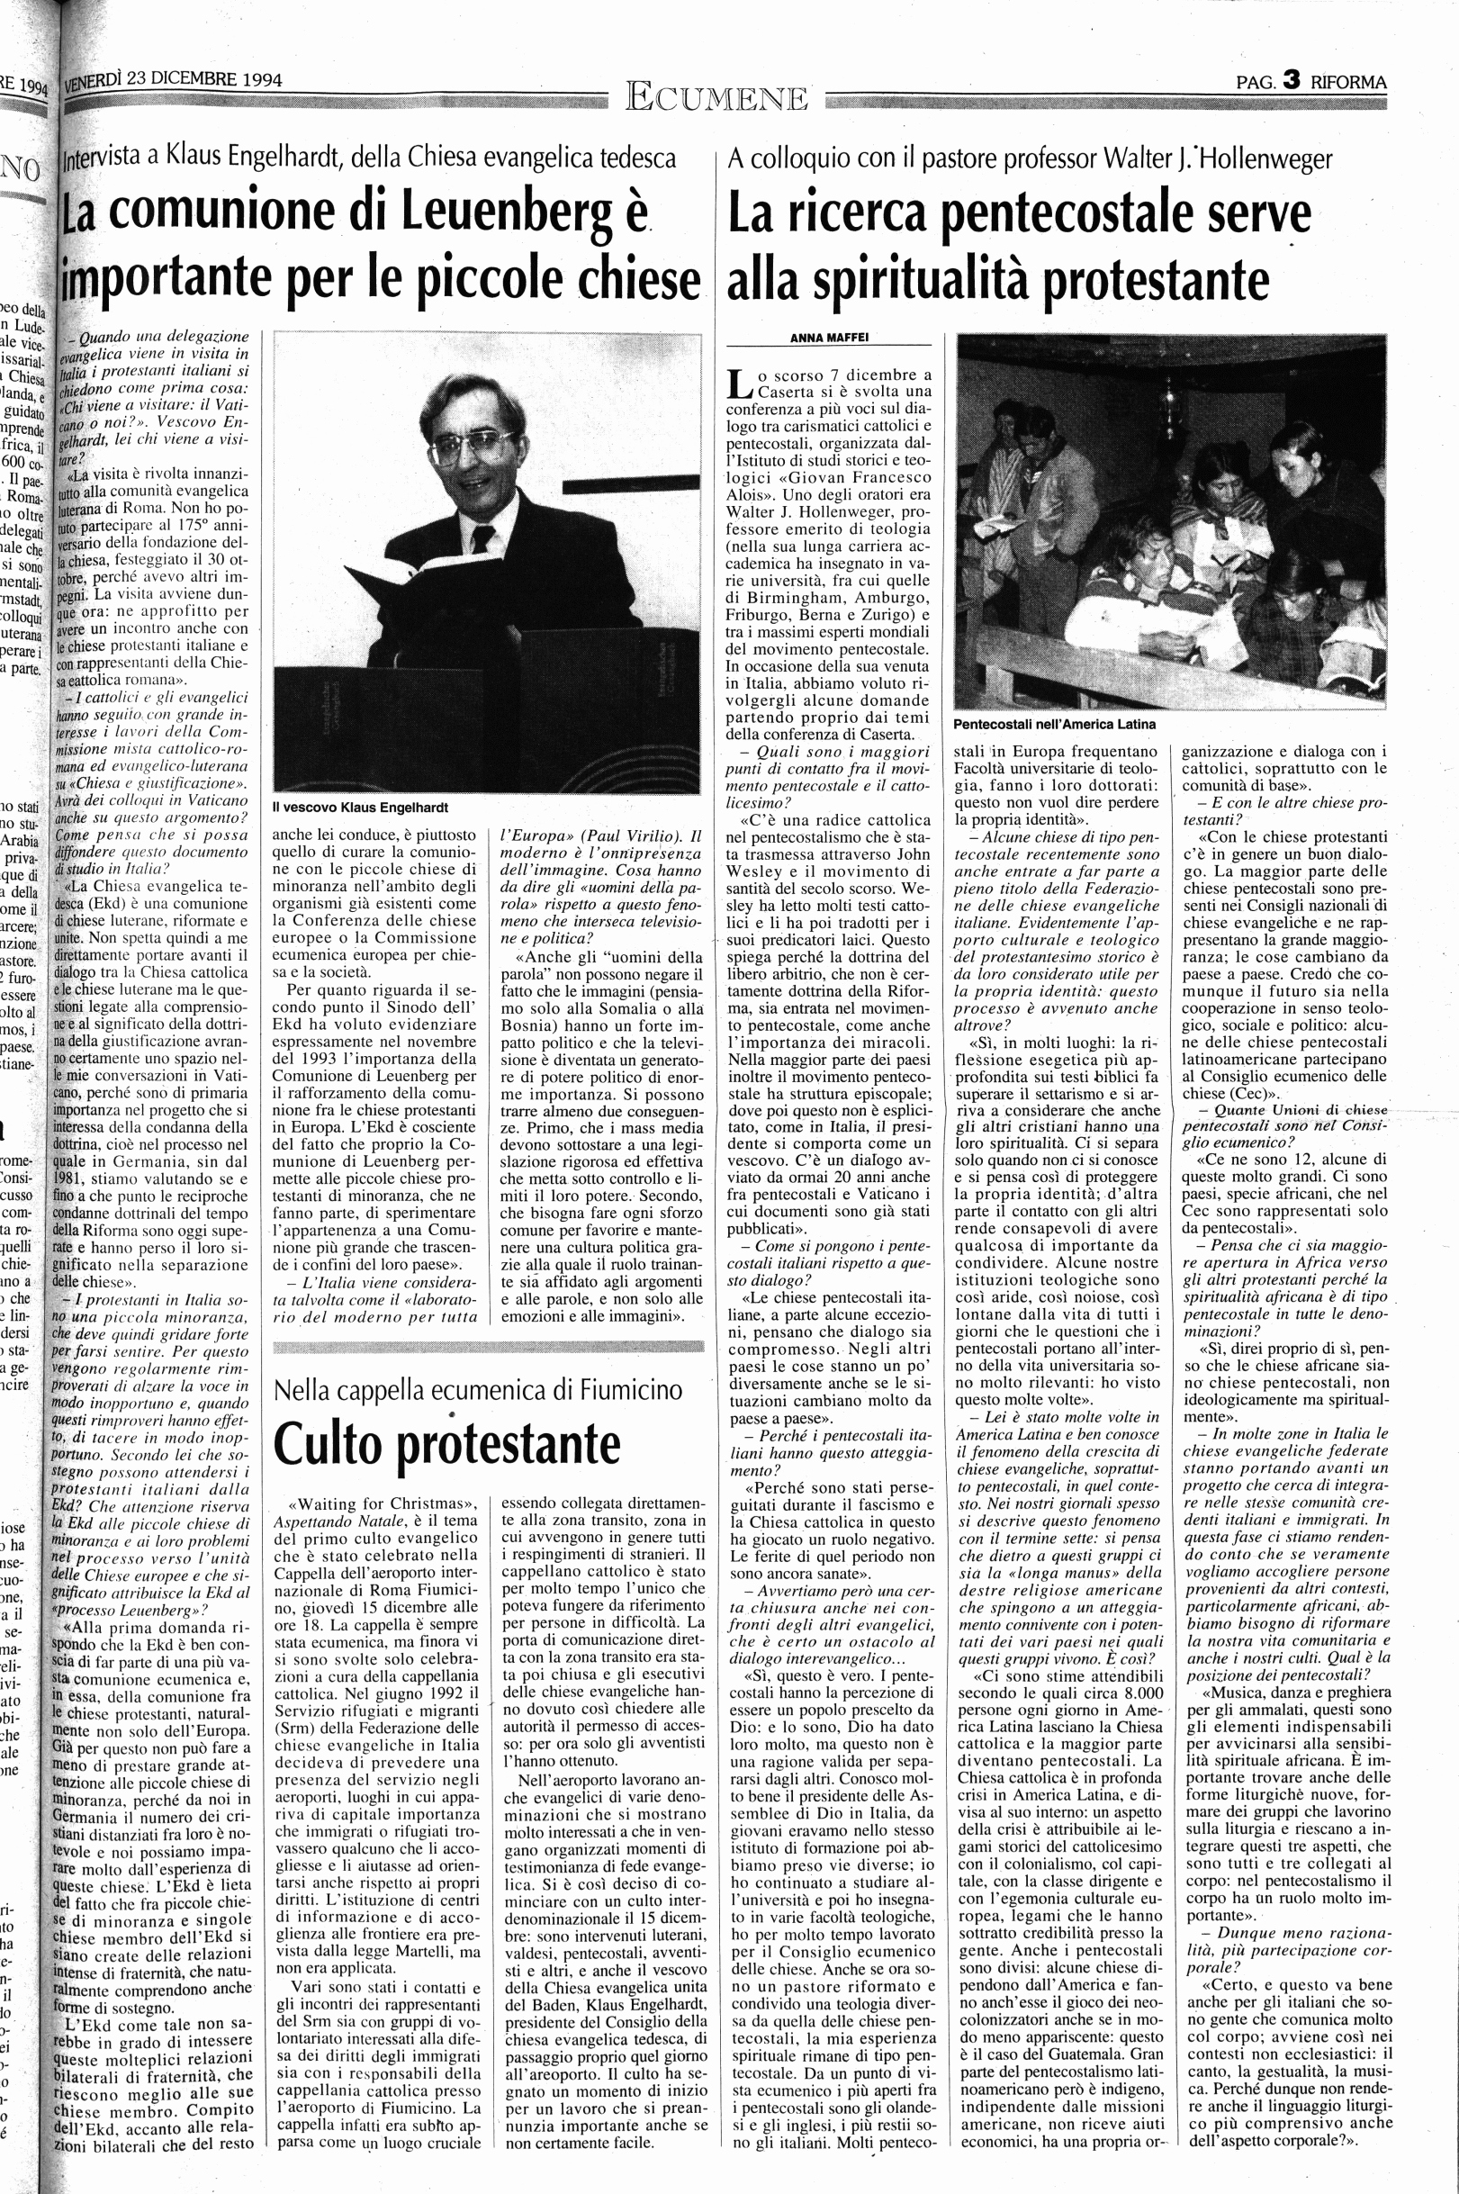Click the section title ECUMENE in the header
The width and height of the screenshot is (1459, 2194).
(717, 95)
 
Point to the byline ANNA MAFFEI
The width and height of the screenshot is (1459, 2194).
(824, 339)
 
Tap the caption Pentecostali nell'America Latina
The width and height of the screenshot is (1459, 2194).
(1053, 723)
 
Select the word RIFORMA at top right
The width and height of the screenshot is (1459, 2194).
(1348, 82)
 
